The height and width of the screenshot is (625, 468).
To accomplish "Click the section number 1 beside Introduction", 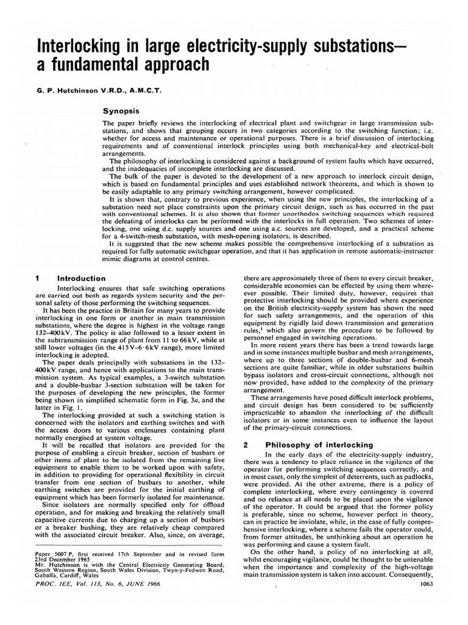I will [x=38, y=278].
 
